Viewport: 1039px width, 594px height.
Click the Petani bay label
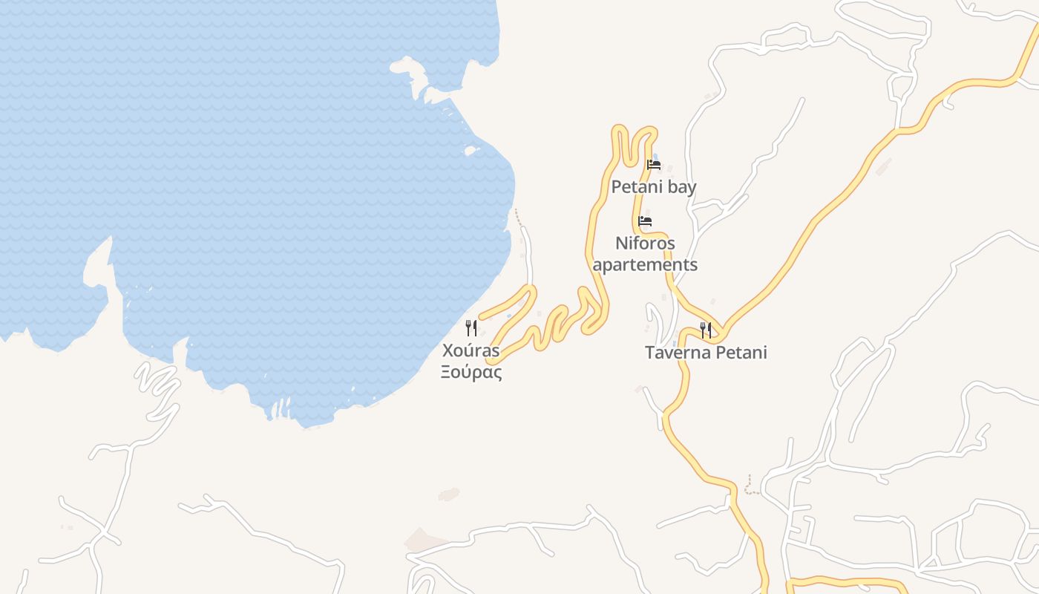(x=653, y=187)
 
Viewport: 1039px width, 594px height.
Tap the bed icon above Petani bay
(x=654, y=165)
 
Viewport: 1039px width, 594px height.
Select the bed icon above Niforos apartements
(x=645, y=221)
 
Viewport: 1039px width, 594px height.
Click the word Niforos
(x=645, y=244)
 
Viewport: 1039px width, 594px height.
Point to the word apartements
(x=645, y=264)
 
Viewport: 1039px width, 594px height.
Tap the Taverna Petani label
(x=706, y=353)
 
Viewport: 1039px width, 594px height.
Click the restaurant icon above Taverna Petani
(x=706, y=330)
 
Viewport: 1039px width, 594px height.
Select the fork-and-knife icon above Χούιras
(x=471, y=328)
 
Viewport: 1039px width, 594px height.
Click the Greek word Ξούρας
(x=471, y=373)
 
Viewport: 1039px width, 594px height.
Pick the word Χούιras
(x=471, y=350)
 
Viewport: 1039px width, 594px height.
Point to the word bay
(x=681, y=187)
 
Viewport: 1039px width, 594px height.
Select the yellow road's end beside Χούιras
(x=490, y=361)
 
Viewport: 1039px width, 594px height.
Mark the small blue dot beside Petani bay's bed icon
(x=654, y=156)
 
